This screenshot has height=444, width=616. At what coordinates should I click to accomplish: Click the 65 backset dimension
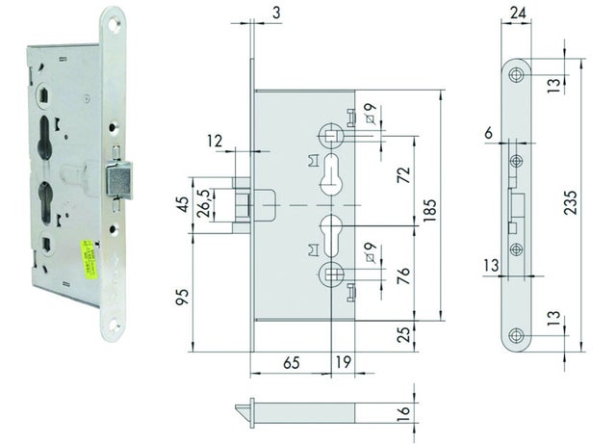(x=291, y=365)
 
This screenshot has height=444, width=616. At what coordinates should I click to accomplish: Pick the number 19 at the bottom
(x=343, y=365)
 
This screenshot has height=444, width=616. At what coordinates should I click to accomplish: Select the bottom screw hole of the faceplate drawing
(x=517, y=335)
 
